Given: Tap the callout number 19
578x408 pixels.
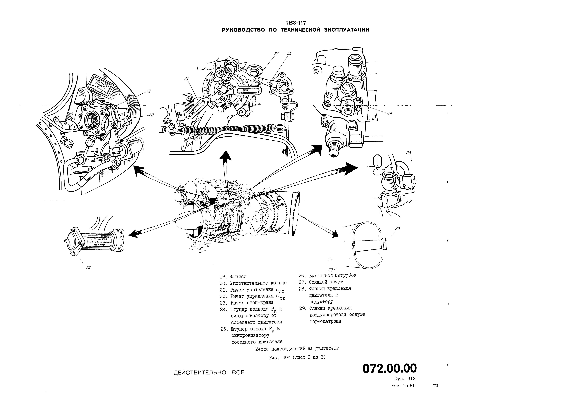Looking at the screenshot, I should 149,91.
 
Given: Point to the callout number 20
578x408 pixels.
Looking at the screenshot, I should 151,115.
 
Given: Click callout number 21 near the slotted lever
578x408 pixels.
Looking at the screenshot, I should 186,79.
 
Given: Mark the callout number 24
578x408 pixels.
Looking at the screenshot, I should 390,113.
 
